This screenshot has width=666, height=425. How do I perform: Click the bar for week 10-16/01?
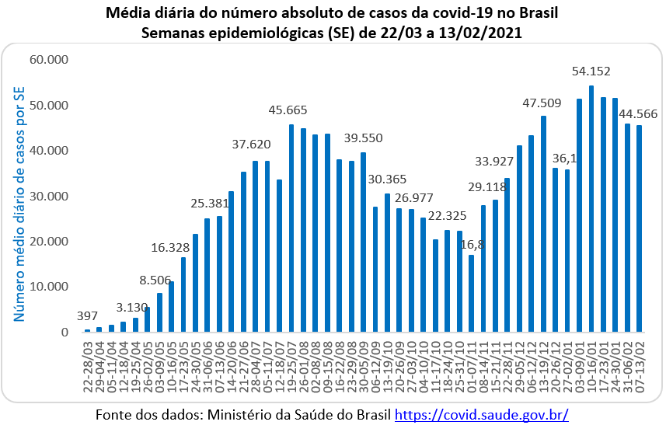(591, 209)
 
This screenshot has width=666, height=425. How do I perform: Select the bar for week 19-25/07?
(291, 228)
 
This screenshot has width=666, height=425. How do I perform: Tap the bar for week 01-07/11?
(472, 294)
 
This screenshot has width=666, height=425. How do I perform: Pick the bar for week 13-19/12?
(543, 224)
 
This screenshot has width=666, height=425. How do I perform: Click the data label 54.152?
(591, 71)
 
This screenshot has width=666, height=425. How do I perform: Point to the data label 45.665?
(288, 110)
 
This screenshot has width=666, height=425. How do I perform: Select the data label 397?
(87, 316)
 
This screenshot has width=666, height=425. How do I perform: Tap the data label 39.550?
(363, 138)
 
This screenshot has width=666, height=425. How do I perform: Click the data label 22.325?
(447, 216)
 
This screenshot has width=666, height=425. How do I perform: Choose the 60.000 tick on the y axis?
(49, 60)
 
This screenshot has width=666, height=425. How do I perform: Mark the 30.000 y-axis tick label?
(49, 196)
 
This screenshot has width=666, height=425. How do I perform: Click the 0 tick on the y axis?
(65, 333)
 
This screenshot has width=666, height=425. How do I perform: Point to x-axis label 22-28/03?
(88, 367)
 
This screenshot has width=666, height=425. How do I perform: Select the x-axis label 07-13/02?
(640, 367)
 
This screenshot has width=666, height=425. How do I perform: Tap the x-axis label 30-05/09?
(364, 367)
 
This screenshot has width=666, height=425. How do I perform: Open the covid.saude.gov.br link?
(482, 414)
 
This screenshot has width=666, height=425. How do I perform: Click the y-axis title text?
(19, 204)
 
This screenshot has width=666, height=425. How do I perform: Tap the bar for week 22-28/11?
(507, 255)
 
